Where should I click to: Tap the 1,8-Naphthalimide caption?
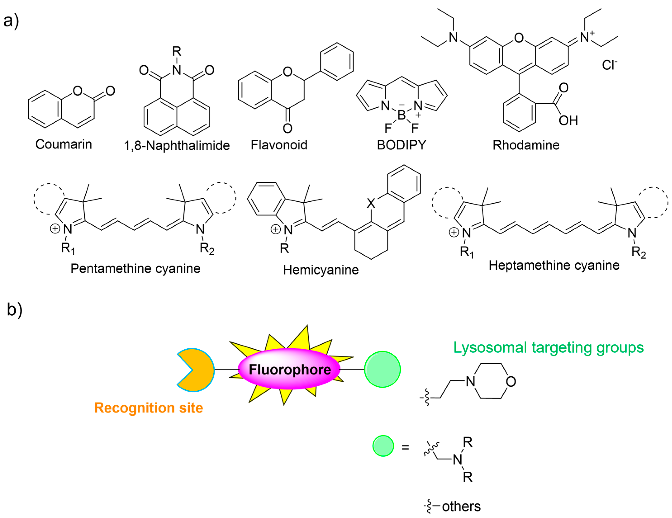177,146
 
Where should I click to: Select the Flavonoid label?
279,145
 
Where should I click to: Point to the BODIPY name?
402,145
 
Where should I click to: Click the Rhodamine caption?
526,145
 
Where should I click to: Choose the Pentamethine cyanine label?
135,268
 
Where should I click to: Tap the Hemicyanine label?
321,270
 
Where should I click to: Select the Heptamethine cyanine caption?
554,265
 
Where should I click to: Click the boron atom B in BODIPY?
401,115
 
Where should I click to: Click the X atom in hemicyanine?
371,203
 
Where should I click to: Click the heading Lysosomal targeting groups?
548,348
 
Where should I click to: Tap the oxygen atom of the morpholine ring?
511,382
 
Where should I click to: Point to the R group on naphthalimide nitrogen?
177,51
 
